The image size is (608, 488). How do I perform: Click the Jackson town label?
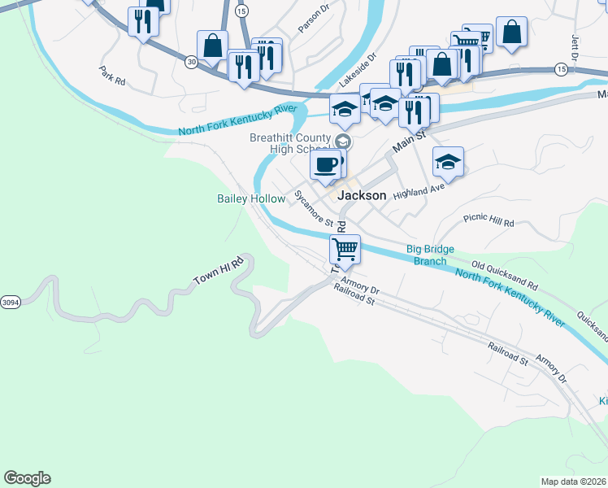361,196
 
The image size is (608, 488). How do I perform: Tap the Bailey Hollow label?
251,199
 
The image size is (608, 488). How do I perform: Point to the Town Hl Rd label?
219,272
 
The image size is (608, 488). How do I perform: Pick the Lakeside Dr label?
358,72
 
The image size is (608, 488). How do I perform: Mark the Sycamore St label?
314,209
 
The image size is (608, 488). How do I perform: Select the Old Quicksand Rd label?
505,277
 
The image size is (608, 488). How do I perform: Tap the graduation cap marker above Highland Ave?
447,162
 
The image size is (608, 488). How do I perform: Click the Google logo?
27,478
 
